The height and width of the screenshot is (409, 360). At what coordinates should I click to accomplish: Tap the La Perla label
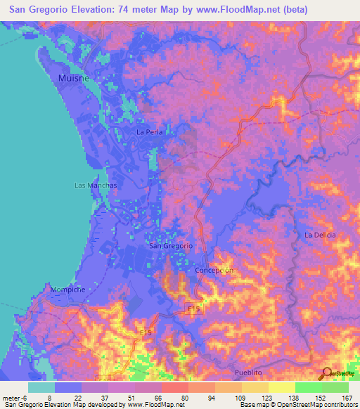tap(150, 131)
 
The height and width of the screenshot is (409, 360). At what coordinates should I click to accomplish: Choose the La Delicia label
tap(320, 235)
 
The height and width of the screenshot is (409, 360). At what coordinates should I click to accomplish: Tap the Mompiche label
tap(67, 289)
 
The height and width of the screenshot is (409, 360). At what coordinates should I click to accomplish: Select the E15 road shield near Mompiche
tap(146, 332)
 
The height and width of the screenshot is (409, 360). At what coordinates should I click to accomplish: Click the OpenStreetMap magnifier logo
tap(328, 373)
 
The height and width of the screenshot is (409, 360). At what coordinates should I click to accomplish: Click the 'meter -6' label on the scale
tap(15, 397)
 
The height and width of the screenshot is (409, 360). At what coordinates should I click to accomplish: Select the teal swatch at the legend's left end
tap(41, 387)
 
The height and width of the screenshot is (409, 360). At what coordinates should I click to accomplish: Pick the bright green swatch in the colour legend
tap(309, 387)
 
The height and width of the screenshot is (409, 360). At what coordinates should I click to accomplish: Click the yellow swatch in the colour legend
tap(282, 387)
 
